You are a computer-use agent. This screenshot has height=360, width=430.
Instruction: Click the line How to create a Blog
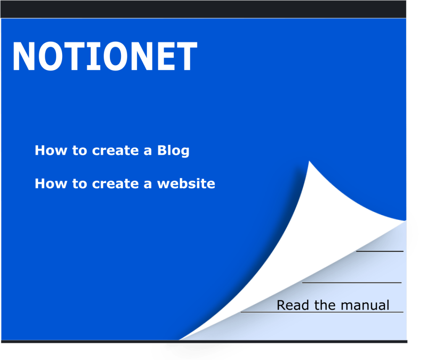112,150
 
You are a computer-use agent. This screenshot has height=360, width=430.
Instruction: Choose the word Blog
173,150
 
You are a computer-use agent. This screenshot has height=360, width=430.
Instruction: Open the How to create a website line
125,184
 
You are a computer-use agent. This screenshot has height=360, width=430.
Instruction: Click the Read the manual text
333,305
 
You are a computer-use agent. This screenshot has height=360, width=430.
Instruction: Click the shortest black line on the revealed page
380,251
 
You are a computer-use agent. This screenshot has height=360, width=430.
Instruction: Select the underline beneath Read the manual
322,312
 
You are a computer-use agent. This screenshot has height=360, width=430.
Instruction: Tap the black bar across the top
203,9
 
